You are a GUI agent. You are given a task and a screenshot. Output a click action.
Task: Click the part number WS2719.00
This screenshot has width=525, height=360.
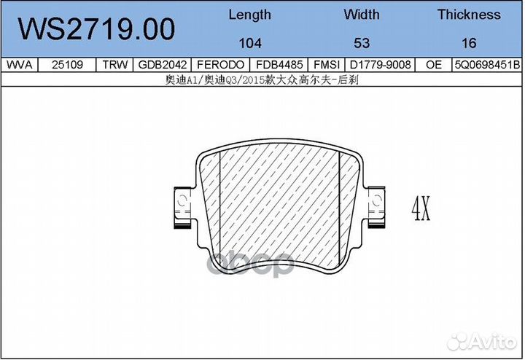(96, 29)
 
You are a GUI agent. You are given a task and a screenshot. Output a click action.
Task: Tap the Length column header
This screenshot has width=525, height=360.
(250, 15)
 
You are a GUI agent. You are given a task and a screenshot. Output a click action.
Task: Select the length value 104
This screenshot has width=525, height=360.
(250, 43)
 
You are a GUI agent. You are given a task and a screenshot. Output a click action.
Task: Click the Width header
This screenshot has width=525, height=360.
(362, 15)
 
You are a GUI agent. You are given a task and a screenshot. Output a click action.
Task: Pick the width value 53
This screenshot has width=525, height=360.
(362, 43)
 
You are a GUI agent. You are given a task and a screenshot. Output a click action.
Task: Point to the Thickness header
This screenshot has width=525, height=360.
(469, 15)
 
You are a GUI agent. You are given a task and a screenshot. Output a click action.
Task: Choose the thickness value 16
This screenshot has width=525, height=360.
(469, 43)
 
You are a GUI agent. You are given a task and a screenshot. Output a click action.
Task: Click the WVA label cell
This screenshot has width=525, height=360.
(20, 65)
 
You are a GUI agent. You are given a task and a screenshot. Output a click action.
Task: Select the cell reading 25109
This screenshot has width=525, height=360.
(67, 65)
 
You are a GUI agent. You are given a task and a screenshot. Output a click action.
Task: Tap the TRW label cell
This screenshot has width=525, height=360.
(115, 65)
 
